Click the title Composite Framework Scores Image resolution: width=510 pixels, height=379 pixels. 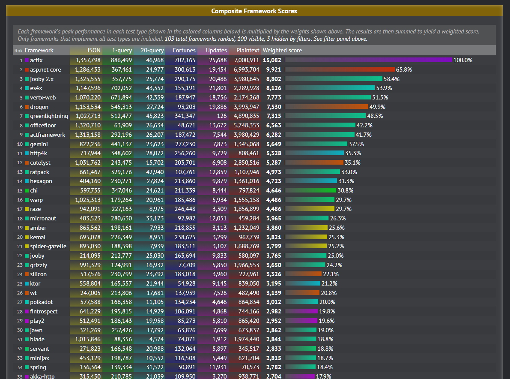[254, 11]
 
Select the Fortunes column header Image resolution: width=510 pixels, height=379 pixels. [184, 51]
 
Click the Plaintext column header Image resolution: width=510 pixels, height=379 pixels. [248, 51]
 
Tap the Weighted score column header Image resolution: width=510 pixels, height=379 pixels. [282, 51]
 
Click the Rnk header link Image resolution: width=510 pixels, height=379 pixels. [18, 51]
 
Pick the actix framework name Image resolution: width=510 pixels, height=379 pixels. [36, 60]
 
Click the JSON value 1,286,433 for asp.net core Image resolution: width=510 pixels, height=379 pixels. [88, 70]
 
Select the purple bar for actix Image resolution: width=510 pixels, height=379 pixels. [368, 60]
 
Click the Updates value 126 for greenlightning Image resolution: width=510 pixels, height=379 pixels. [221, 116]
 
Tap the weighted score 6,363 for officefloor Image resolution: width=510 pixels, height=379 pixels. [274, 126]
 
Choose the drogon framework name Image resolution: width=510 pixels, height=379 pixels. [39, 107]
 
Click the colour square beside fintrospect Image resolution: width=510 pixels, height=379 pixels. [27, 312]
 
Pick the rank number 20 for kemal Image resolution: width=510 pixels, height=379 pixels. [20, 238]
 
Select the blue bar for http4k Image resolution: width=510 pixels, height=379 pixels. [314, 153]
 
